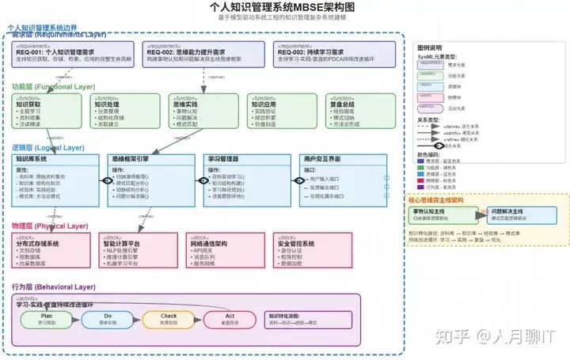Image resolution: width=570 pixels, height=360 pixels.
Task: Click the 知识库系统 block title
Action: click(x=32, y=159)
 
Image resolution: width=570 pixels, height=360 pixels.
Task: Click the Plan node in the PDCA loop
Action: click(x=47, y=319)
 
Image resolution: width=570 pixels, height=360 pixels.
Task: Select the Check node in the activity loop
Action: click(x=169, y=319)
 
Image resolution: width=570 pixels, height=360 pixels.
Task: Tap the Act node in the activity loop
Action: click(x=229, y=319)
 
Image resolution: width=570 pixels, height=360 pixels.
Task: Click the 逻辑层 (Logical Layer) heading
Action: click(x=47, y=147)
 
